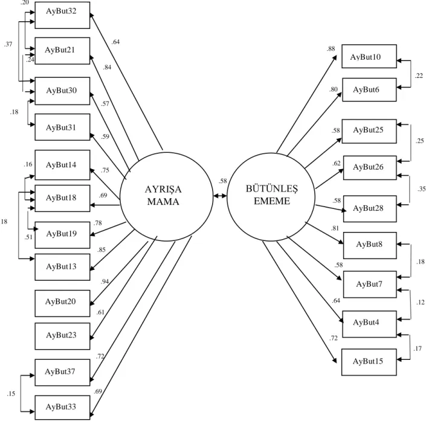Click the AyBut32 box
62,15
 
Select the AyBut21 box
62,51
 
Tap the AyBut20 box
62,303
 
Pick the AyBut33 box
62,408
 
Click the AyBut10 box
369,56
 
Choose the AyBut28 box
370,209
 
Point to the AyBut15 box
369,362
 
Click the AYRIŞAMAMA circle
166,196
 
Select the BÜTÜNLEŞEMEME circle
271,197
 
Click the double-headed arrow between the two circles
220,196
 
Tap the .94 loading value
105,281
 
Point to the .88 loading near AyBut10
331,49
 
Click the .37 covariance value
8,44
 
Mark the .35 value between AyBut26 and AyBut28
421,189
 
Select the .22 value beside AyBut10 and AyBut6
419,75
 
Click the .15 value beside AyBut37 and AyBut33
11,394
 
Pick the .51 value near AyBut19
28,237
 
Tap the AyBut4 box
370,324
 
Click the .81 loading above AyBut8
335,228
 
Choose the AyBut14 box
62,165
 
